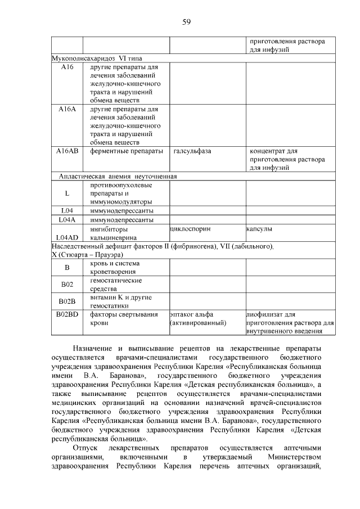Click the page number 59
click(x=187, y=22)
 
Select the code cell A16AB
click(x=67, y=151)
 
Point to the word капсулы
click(x=260, y=229)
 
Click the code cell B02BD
click(x=67, y=314)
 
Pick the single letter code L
click(x=67, y=193)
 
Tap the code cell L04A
click(x=67, y=219)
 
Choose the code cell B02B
click(x=67, y=301)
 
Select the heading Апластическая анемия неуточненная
click(x=118, y=177)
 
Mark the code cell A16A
click(x=67, y=109)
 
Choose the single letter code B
click(x=67, y=267)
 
